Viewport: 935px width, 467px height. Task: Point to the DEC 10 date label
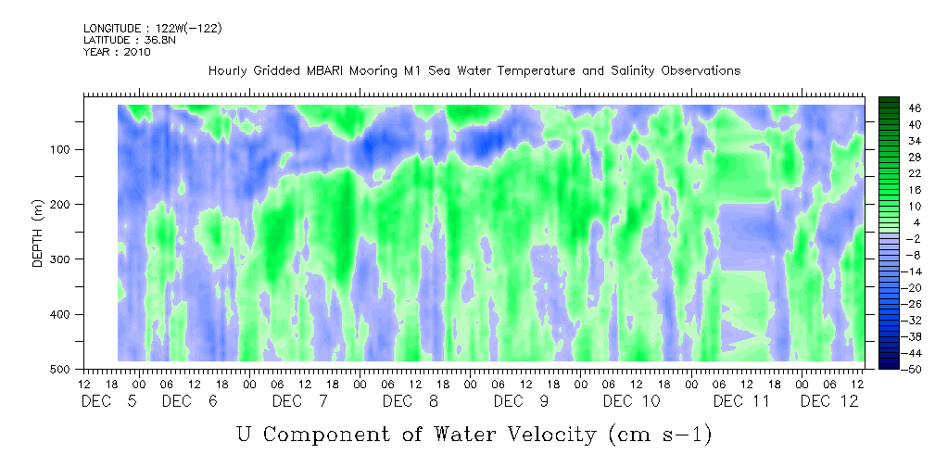pos(632,401)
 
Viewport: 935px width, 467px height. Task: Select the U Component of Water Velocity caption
pos(474,433)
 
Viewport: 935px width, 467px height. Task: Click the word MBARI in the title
pos(328,70)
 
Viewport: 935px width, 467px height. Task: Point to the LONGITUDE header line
pos(152,29)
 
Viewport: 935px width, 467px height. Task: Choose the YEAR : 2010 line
pos(116,52)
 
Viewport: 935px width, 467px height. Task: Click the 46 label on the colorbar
pos(890,108)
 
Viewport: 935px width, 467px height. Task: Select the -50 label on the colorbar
pos(889,368)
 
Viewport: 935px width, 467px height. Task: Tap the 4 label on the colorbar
pos(890,222)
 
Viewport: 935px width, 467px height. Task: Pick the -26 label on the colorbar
pos(889,303)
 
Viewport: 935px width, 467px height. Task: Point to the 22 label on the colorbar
pos(890,173)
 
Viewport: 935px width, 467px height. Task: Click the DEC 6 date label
pos(190,401)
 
